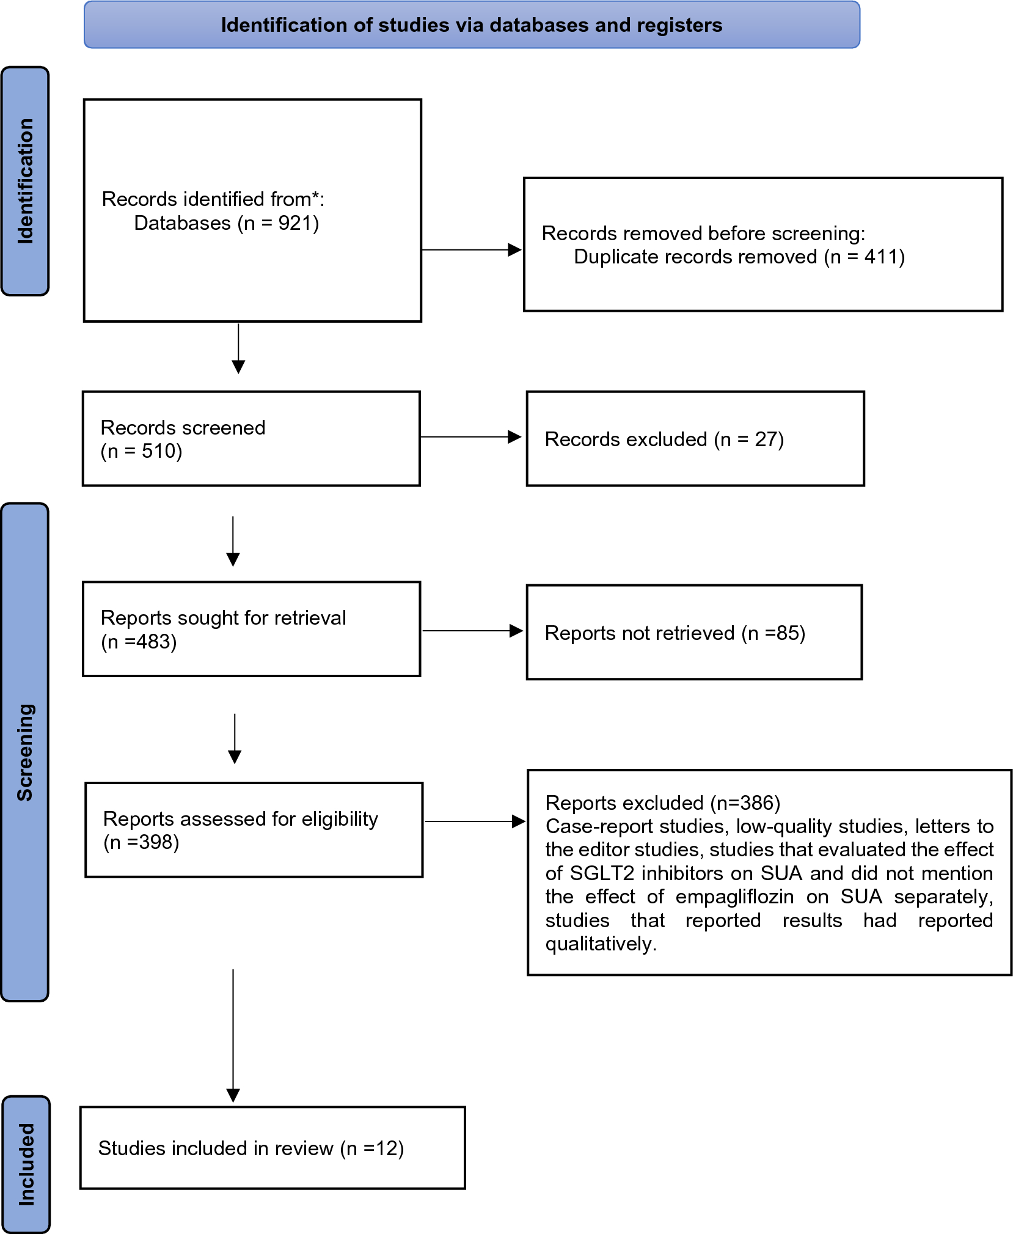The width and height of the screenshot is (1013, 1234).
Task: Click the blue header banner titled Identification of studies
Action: coord(472,24)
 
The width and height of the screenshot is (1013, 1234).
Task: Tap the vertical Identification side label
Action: coord(25,181)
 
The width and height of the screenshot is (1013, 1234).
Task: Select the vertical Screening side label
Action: coord(25,752)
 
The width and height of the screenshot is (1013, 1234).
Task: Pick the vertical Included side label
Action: coord(26,1164)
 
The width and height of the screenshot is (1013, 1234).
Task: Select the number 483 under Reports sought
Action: coord(153,642)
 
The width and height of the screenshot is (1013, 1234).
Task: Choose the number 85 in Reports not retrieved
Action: coord(787,633)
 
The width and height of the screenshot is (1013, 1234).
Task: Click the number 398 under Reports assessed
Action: coord(156,842)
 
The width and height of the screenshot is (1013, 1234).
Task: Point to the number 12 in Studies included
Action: coord(387,1148)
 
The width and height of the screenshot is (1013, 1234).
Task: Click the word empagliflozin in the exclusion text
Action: coord(734,897)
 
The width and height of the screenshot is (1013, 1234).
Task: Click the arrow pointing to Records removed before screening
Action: coord(471,249)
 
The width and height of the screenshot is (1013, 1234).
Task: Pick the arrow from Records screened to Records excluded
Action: coord(470,437)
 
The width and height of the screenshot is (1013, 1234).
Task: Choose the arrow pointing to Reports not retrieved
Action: coord(472,631)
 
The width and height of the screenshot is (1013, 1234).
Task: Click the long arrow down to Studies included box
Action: coord(233,1035)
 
